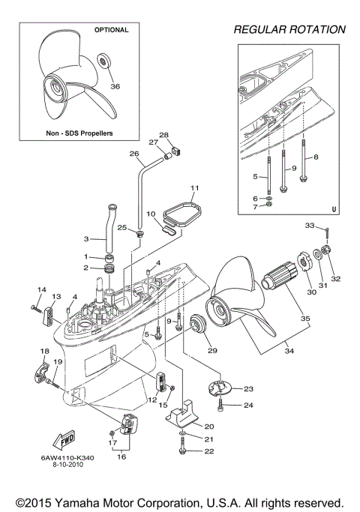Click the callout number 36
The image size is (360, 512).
115,86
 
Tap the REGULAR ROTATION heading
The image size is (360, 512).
289,30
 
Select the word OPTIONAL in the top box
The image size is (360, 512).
111,31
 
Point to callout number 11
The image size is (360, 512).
193,187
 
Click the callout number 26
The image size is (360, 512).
134,154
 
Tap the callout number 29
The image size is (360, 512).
211,351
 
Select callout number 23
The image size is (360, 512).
248,388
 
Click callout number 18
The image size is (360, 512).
46,351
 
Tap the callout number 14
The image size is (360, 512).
42,290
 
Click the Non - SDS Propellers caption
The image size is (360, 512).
79,132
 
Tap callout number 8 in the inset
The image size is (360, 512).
315,157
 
